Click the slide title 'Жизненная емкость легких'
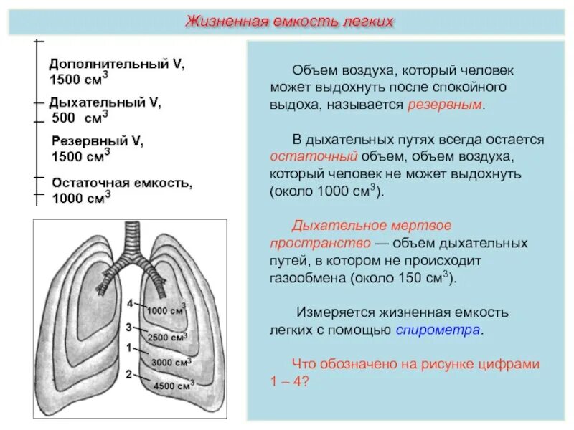coord(290,21)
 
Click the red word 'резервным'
coord(446,105)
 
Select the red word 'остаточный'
coord(304,156)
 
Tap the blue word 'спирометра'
coord(439,330)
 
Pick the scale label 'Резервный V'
coord(98,141)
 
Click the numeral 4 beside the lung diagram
coord(130,304)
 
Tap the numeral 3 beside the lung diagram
coord(128,327)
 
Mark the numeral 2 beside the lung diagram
coord(128,373)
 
